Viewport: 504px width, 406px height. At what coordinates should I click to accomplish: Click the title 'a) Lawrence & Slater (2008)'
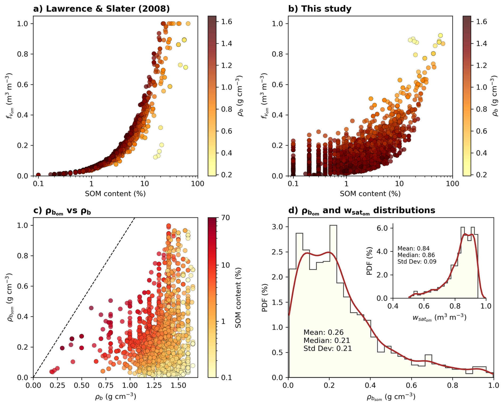click(101, 9)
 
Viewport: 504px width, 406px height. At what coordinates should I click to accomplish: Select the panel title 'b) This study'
click(320, 9)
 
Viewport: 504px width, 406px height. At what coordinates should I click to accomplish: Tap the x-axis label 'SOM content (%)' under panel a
click(115, 194)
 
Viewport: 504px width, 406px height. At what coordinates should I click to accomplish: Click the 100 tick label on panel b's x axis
click(452, 184)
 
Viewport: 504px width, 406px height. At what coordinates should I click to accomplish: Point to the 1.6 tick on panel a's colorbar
click(226, 22)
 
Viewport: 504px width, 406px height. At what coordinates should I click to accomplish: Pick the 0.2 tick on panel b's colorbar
click(481, 175)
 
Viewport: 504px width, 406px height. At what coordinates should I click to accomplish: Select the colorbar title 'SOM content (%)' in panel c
click(238, 297)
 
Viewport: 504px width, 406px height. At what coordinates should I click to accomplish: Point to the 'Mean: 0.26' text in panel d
click(323, 332)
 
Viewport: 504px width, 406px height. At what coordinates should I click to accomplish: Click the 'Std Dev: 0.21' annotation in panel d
click(327, 348)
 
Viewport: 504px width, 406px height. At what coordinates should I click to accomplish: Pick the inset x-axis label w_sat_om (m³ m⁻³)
click(439, 318)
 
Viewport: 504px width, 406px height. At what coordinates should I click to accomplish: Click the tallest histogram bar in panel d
click(333, 293)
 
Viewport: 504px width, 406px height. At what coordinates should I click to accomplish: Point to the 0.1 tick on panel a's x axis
click(38, 184)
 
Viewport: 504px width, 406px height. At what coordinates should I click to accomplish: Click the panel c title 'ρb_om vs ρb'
click(62, 211)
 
